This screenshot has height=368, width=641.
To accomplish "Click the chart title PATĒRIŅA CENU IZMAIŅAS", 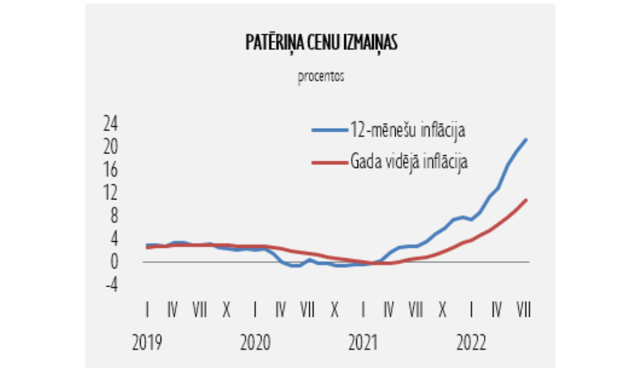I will point(321,43).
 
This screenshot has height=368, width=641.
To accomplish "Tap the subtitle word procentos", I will point(321,77).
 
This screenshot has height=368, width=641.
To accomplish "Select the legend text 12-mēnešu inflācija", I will point(408,130).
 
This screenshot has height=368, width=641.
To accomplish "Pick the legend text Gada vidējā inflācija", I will point(409,162).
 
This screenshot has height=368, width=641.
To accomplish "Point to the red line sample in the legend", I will point(329,162).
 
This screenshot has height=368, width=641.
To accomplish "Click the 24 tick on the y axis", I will point(110,124).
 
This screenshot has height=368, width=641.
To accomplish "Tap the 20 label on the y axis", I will point(110,147).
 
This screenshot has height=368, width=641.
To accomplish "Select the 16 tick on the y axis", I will point(110,170).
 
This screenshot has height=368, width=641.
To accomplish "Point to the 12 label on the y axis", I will point(110,193).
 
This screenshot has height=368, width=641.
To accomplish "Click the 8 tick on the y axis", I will point(114,215).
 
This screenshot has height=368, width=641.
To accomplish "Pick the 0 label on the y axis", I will point(114,261).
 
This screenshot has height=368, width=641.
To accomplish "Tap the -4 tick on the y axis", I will point(112,285).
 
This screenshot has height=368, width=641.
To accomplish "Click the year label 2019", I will point(147,343).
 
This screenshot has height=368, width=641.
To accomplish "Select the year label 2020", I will point(255,343).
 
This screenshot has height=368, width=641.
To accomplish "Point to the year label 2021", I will point(363,343).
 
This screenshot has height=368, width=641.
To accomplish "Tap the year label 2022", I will point(471,343).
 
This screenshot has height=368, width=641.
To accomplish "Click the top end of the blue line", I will point(526,140).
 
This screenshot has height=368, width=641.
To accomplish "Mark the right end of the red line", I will point(526,200).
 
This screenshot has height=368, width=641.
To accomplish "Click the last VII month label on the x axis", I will point(523,309).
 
